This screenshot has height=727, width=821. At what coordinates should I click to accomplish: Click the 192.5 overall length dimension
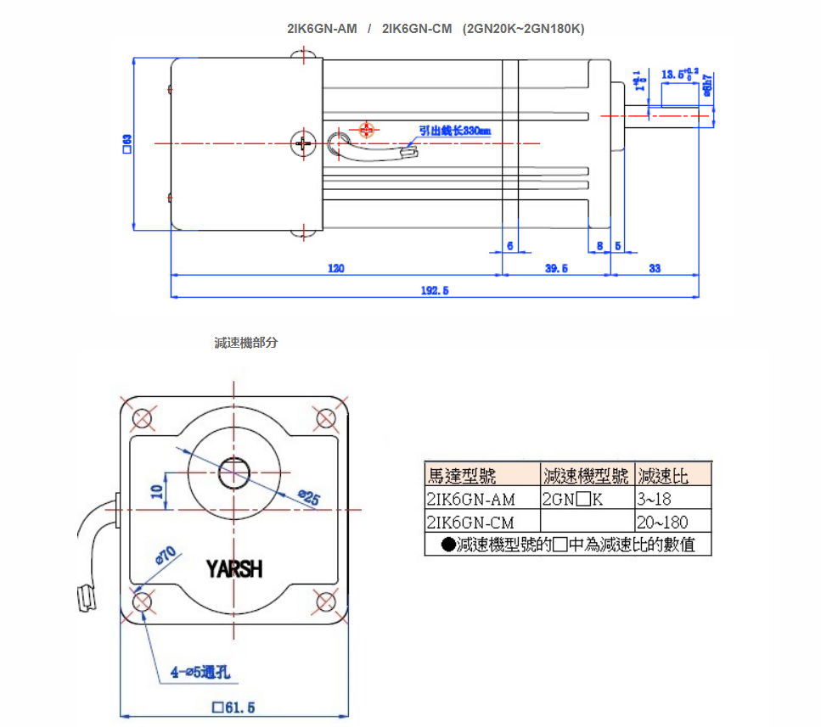(x=434, y=290)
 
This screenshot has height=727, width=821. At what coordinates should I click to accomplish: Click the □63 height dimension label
(x=127, y=143)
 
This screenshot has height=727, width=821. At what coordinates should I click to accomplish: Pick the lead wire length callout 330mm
(x=454, y=131)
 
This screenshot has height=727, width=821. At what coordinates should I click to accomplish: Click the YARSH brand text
(x=234, y=568)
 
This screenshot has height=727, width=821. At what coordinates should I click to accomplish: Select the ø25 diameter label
(x=308, y=499)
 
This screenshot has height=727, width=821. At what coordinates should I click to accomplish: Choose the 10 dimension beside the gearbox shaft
(x=156, y=491)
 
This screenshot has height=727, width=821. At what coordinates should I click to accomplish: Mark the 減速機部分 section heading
(x=245, y=343)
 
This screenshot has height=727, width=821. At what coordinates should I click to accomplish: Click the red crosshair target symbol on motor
(x=366, y=129)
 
